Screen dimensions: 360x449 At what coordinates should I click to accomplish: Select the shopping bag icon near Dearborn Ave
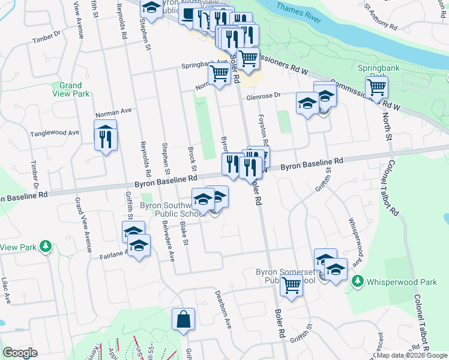click(183, 320)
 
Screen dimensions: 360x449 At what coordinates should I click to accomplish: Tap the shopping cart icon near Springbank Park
click(377, 88)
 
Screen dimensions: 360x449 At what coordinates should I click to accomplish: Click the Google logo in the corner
click(20, 353)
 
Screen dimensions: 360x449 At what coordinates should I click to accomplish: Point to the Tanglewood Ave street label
click(55, 133)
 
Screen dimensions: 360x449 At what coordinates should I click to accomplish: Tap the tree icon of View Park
click(45, 247)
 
